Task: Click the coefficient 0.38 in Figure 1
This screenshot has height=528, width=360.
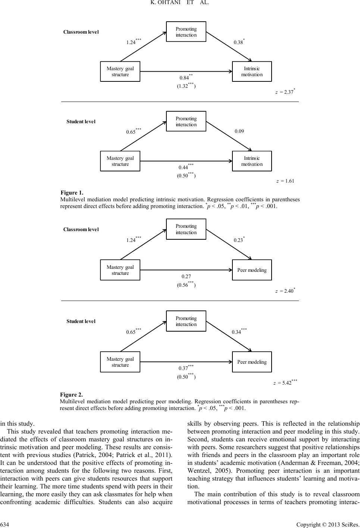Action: pos(238,42)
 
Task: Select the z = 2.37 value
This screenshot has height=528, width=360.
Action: pos(285,92)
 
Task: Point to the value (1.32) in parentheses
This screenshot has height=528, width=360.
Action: pos(186,86)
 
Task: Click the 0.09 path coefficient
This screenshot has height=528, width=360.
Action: pos(240,131)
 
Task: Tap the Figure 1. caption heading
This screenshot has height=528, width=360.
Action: pos(72,193)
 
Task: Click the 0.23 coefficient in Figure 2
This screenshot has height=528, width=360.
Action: pos(238,240)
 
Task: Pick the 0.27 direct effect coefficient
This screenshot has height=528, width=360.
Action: pos(186,276)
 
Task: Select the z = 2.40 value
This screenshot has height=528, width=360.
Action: pos(285,291)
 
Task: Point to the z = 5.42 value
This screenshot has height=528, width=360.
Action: pos(285,383)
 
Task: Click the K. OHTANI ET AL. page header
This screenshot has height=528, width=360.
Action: pos(179,4)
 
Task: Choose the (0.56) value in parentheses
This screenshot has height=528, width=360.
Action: pos(186,285)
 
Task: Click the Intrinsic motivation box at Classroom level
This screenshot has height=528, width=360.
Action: pos(252,71)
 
